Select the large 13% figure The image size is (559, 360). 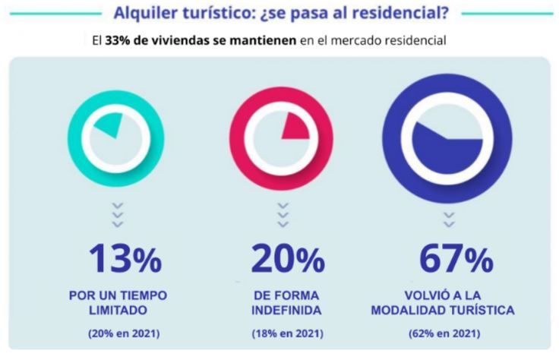(125, 260)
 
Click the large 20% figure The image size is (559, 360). (287, 260)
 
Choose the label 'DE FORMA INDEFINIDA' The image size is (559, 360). (286, 302)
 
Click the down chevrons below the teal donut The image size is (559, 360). (118, 214)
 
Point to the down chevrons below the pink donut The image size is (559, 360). (283, 214)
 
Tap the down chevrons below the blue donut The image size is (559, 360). (448, 219)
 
